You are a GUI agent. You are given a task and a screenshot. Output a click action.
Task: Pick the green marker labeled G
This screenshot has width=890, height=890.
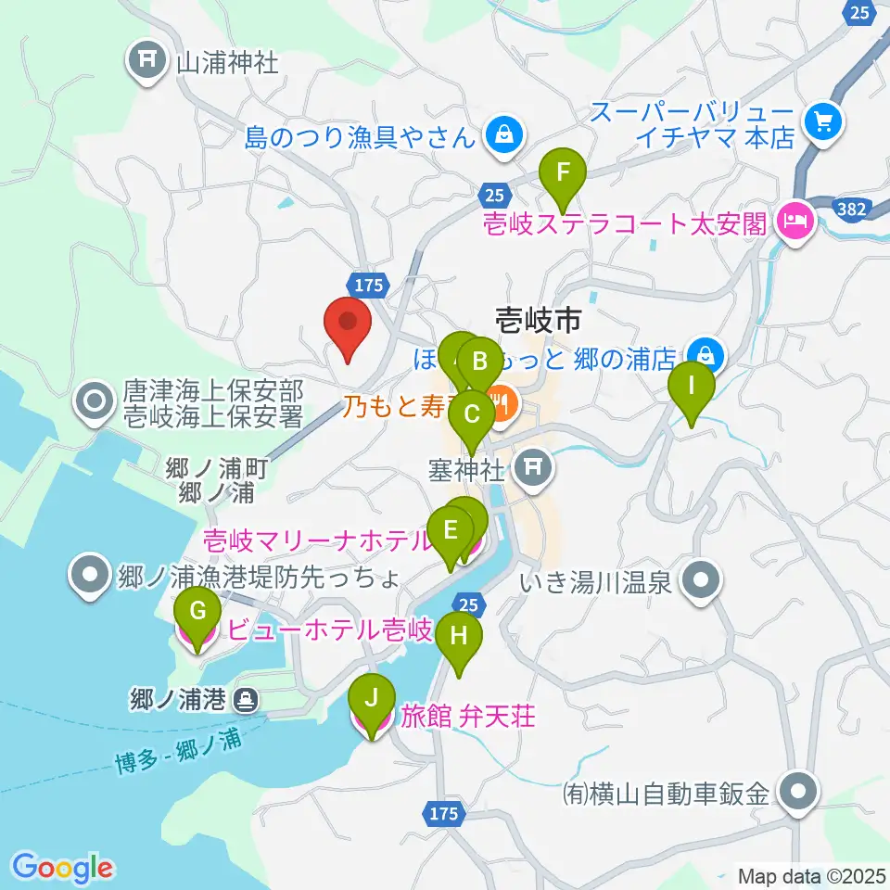197,613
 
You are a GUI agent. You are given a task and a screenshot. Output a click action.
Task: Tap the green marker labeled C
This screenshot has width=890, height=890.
471,415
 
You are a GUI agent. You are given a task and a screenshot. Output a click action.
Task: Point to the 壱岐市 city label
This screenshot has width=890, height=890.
538,322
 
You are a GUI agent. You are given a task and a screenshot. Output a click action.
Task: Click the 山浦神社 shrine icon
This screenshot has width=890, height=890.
146,62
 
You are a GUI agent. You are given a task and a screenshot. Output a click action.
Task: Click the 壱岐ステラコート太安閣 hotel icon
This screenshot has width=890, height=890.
795,222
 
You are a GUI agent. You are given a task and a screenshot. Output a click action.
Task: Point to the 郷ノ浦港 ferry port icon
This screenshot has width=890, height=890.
246,699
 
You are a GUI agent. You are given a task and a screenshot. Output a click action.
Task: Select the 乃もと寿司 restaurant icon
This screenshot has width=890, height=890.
502,403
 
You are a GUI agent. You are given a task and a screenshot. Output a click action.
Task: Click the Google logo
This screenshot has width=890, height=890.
63,867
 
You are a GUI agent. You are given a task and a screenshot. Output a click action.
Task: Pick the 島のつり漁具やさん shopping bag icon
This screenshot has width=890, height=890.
502,137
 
